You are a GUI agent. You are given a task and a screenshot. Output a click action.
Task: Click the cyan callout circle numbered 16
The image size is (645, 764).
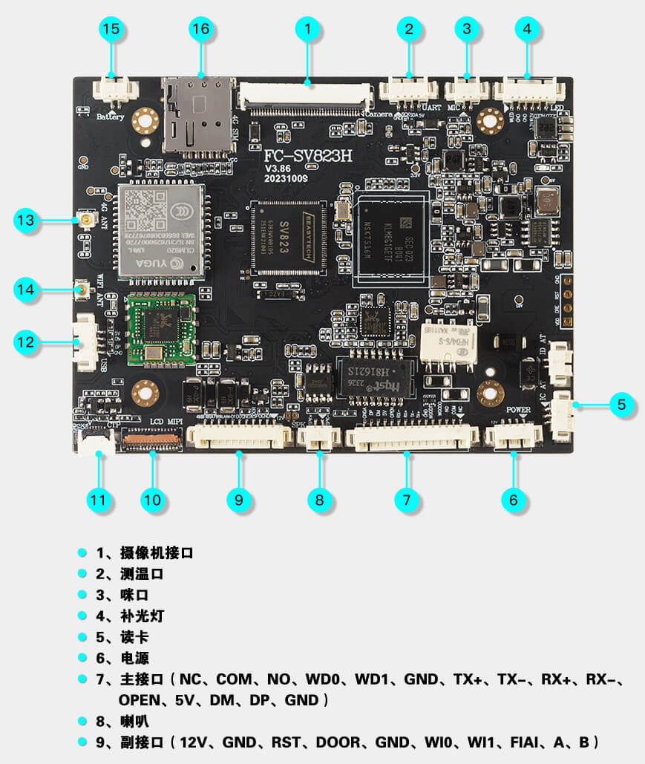(x=201, y=29)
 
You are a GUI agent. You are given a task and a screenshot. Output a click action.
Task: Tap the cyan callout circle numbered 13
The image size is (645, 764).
(x=26, y=220)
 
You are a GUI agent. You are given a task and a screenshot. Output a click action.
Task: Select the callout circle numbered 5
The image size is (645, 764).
(x=621, y=405)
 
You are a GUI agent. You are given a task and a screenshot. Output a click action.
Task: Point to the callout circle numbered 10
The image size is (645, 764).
(x=152, y=500)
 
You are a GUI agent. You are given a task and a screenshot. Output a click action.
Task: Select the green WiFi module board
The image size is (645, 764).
(x=162, y=330)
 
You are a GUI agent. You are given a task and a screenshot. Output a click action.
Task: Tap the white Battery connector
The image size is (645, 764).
(x=115, y=91)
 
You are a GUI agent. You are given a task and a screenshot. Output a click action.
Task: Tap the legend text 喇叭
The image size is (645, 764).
(x=134, y=721)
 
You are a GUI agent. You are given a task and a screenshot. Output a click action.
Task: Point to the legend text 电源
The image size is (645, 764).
(x=134, y=657)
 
